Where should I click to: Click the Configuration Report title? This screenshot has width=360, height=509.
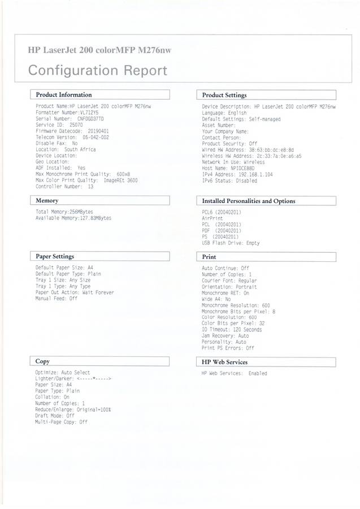pyautogui.click(x=97, y=71)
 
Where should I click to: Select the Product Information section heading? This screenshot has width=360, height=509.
pyautogui.click(x=63, y=95)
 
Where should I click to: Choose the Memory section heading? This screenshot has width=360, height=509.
pyautogui.click(x=47, y=201)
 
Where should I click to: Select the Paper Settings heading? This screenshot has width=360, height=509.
pyautogui.click(x=55, y=256)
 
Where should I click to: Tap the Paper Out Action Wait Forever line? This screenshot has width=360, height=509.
pyautogui.click(x=74, y=292)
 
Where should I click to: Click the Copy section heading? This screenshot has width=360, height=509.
pyautogui.click(x=42, y=361)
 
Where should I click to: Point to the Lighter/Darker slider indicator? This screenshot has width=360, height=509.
pyautogui.click(x=94, y=379)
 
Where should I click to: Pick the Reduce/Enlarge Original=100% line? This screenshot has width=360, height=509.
pyautogui.click(x=73, y=409)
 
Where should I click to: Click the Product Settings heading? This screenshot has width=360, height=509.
pyautogui.click(x=224, y=96)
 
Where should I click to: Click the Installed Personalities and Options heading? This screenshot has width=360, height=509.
pyautogui.click(x=248, y=201)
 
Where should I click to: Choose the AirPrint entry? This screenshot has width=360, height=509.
pyautogui.click(x=212, y=218)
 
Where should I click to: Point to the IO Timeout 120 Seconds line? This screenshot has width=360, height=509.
pyautogui.click(x=232, y=329)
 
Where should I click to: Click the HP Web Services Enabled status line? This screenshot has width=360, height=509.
pyautogui.click(x=234, y=373)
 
